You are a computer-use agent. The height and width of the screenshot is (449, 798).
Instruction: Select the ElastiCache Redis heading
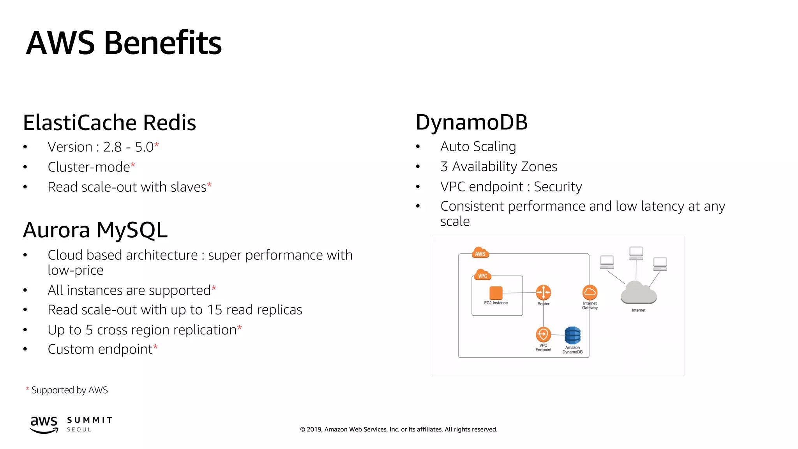pyautogui.click(x=109, y=122)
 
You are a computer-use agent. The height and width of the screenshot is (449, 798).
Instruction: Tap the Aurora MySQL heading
pyautogui.click(x=95, y=230)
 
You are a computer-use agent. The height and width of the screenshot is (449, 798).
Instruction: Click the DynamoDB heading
pyautogui.click(x=471, y=122)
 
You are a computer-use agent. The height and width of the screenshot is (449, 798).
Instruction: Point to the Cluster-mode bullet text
pyautogui.click(x=89, y=167)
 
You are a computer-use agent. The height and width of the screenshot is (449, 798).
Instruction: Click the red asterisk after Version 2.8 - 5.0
pyautogui.click(x=157, y=145)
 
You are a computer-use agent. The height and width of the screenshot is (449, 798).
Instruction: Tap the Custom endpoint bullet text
pyautogui.click(x=100, y=349)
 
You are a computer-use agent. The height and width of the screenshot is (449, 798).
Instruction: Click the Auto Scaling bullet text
pyautogui.click(x=478, y=147)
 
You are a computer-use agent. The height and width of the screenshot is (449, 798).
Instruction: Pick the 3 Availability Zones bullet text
pyautogui.click(x=499, y=166)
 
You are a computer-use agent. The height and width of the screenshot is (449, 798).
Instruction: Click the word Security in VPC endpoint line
pyautogui.click(x=558, y=187)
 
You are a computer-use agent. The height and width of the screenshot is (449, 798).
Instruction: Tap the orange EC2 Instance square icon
pyautogui.click(x=496, y=293)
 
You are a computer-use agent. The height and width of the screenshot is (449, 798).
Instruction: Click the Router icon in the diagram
pyautogui.click(x=543, y=292)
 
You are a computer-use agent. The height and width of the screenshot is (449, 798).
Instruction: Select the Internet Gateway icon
pyautogui.click(x=590, y=292)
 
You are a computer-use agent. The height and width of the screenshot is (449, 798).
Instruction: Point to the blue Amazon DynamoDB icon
pyautogui.click(x=572, y=336)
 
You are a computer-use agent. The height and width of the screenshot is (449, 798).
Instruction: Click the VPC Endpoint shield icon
pyautogui.click(x=543, y=334)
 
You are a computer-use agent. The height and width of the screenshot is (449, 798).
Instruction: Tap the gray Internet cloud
pyautogui.click(x=638, y=293)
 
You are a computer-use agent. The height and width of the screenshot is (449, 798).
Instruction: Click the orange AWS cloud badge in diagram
pyautogui.click(x=480, y=253)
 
